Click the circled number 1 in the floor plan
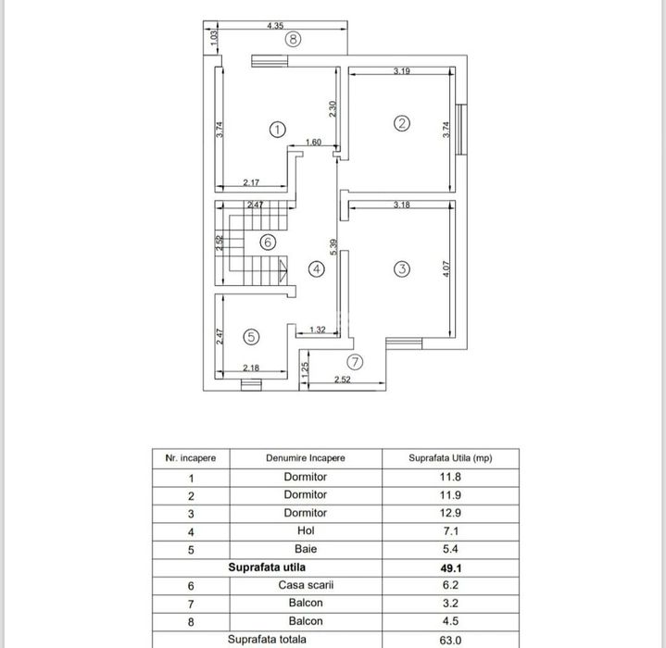(x=277, y=130)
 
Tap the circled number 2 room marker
(x=401, y=123)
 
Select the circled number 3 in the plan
(x=401, y=269)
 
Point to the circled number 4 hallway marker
(x=317, y=269)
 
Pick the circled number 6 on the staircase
(x=268, y=243)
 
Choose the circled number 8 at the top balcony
(x=293, y=39)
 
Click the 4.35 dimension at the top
(x=274, y=26)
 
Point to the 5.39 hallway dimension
(x=333, y=248)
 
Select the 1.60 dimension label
(x=313, y=143)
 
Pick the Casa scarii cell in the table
(x=305, y=585)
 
